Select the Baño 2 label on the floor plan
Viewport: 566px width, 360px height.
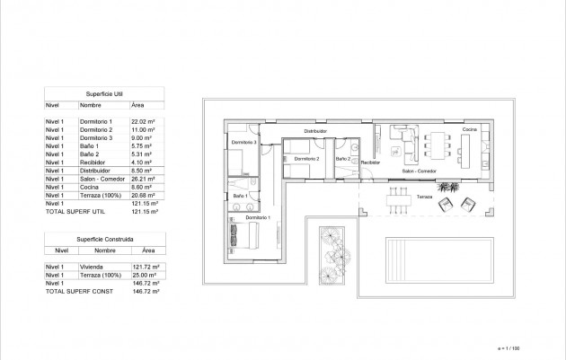(x=343, y=159)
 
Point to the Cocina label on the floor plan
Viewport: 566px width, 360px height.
(x=469, y=131)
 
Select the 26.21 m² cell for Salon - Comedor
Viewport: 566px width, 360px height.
(x=144, y=178)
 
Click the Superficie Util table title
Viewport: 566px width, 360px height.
(x=103, y=92)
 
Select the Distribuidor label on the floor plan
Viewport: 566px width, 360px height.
(x=314, y=131)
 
